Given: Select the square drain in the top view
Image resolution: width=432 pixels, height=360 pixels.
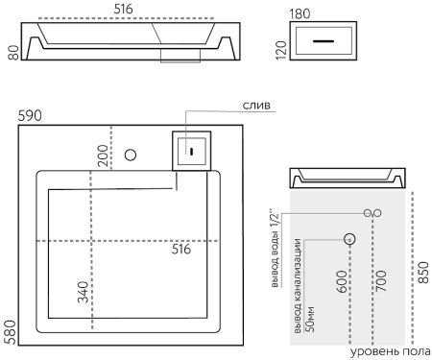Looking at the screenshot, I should [191, 149].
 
